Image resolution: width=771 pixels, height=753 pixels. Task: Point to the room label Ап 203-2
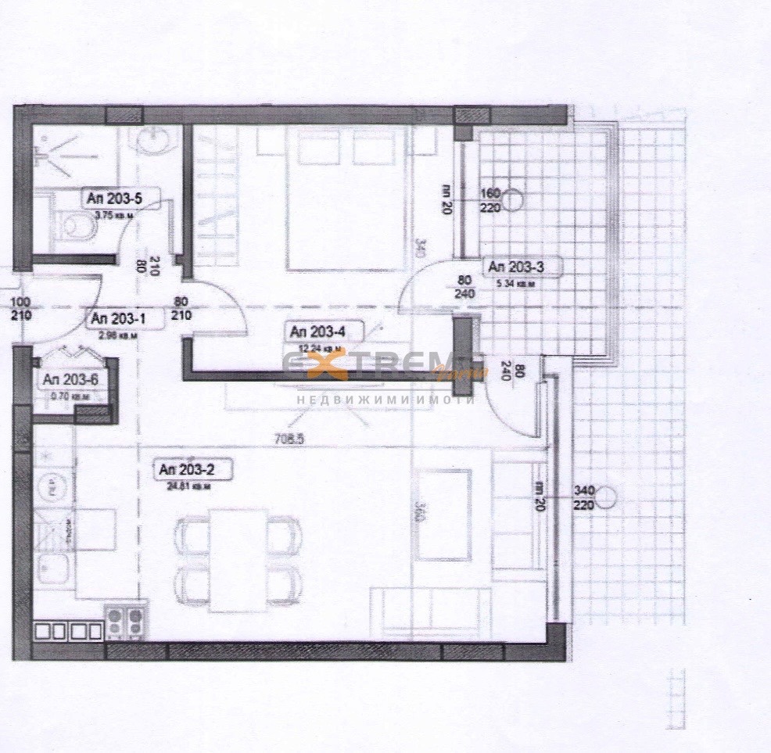[x=185, y=469]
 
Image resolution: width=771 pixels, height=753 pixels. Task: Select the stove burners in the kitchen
[x=125, y=622]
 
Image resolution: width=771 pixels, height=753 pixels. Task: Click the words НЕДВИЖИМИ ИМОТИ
[x=385, y=400]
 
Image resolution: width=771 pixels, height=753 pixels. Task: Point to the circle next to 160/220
[x=512, y=201]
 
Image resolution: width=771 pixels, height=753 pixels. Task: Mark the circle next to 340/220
[x=608, y=496]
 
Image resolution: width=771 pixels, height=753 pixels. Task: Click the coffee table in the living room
[x=442, y=515]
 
